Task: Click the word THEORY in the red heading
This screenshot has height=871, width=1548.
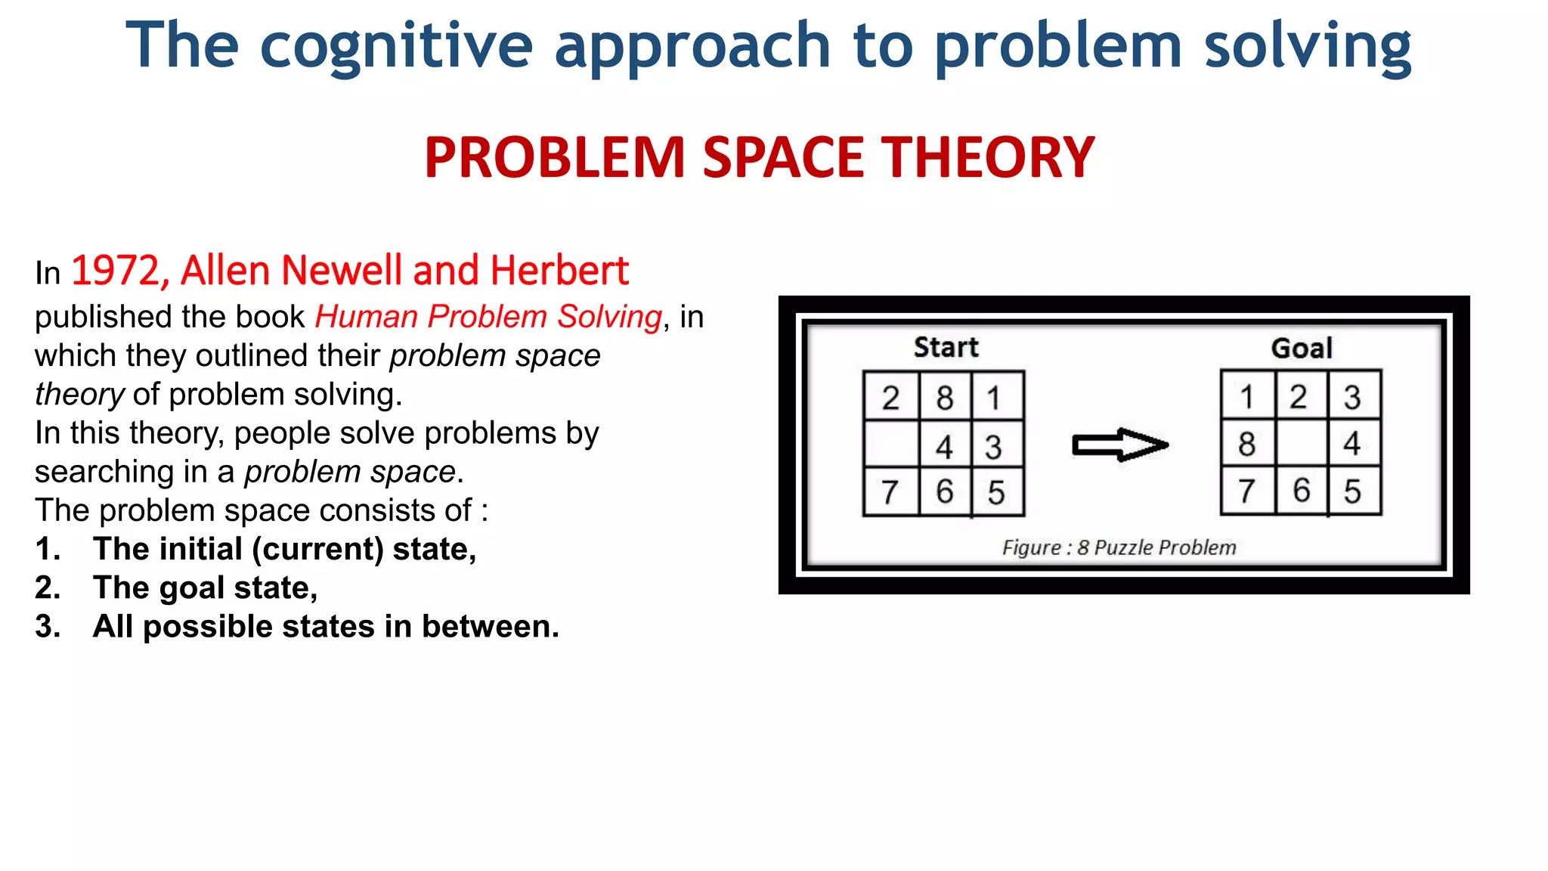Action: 989,158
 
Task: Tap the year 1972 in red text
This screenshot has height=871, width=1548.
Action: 116,271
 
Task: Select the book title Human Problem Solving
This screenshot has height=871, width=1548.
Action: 488,317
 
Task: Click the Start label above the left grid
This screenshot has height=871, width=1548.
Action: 946,347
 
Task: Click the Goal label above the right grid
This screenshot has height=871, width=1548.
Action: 1301,349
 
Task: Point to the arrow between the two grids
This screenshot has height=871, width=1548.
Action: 1120,445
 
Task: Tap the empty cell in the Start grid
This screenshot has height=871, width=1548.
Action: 891,445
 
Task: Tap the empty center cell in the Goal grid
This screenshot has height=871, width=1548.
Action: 1302,444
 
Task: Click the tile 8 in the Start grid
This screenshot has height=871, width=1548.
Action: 945,398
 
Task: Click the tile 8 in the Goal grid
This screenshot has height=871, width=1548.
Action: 1247,444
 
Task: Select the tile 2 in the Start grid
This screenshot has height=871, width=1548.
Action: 891,398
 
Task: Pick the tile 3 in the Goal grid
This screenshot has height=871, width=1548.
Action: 1352,397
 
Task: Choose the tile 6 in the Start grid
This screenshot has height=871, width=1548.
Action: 945,492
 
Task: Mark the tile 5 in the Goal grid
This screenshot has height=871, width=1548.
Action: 1352,491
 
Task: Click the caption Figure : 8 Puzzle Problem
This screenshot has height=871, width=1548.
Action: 1119,547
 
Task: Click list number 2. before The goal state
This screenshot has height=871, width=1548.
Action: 48,588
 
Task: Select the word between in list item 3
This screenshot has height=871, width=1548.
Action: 489,627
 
